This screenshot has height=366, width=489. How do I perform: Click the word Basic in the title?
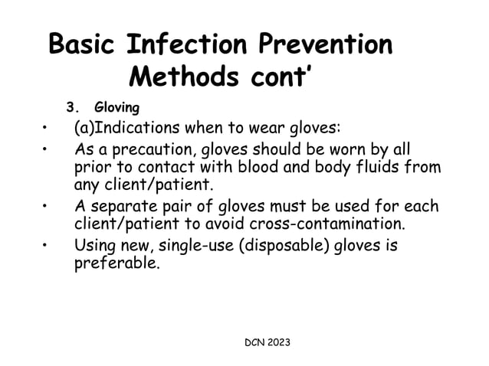pos(80,45)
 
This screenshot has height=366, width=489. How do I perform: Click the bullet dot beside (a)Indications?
pos(47,127)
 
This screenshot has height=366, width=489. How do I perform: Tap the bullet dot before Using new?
pos(47,247)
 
